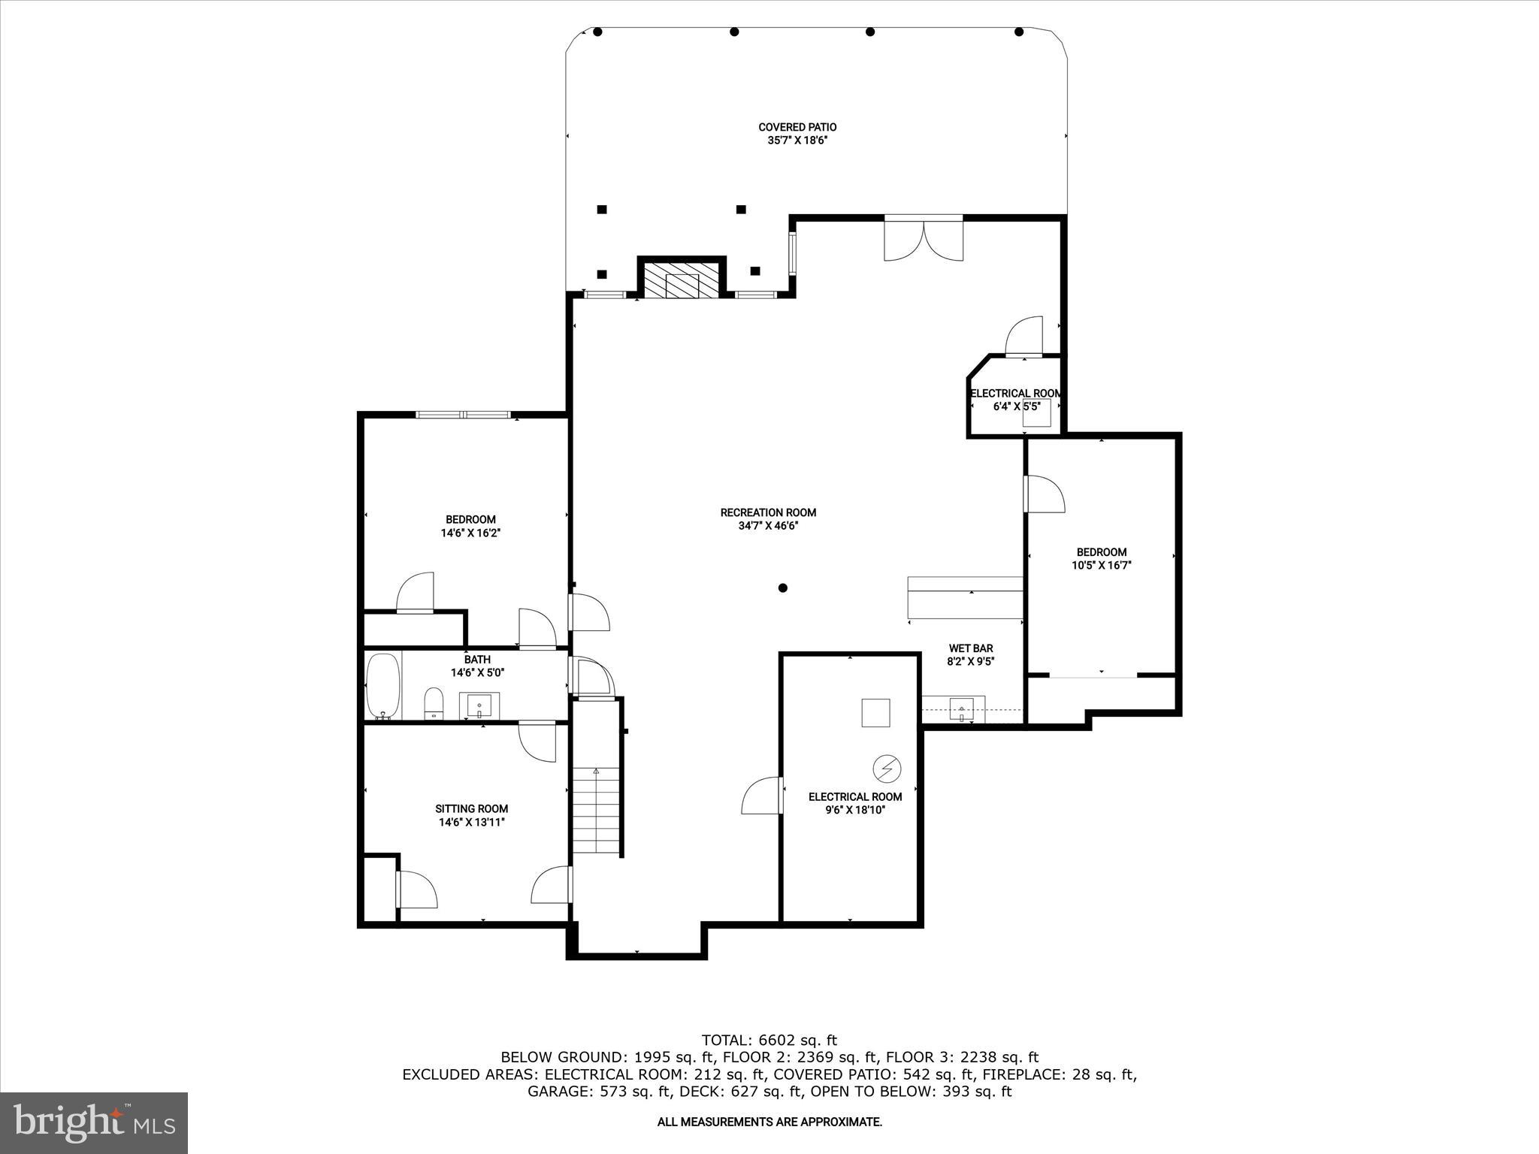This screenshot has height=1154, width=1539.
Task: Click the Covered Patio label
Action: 797,128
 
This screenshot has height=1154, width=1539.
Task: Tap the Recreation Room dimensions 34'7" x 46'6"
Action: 768,526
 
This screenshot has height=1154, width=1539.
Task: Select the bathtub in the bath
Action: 383,685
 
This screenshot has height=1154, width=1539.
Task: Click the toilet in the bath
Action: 434,704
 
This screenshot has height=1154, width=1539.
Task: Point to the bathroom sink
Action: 479,705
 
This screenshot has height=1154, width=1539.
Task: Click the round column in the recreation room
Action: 782,588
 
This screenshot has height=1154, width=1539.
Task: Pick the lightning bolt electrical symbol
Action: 887,769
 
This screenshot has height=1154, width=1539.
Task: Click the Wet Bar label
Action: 971,648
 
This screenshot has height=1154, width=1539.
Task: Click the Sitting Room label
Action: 472,809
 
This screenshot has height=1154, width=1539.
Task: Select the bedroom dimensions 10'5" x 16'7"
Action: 1101,566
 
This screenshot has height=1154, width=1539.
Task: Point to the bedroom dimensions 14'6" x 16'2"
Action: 470,533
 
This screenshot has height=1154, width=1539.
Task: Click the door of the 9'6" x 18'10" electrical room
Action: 763,796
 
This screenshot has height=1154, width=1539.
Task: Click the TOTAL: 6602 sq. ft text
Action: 769,1041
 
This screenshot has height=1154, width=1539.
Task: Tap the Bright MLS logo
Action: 94,1122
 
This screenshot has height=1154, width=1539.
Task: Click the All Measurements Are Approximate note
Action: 769,1122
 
